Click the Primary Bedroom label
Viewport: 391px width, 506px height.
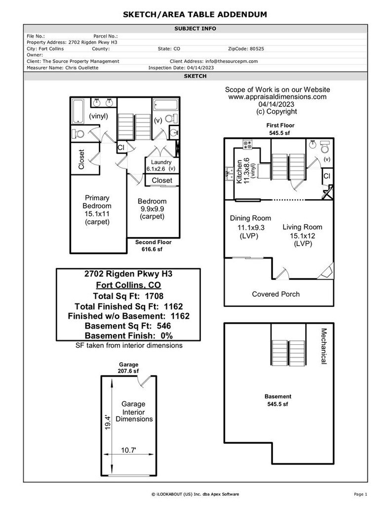[x=97, y=202]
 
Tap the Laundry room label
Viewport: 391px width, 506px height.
[x=161, y=163]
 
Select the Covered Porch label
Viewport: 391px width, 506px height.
[x=275, y=294]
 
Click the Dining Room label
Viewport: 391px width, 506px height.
[x=251, y=218]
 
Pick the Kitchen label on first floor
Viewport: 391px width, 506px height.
[x=239, y=171]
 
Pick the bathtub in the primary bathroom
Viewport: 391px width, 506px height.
[x=79, y=111]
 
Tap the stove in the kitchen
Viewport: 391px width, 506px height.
[x=246, y=145]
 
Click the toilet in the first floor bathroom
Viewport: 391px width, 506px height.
[x=324, y=147]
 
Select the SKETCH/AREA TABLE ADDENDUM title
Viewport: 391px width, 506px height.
[x=195, y=15]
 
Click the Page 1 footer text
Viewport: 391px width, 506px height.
[x=360, y=494]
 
